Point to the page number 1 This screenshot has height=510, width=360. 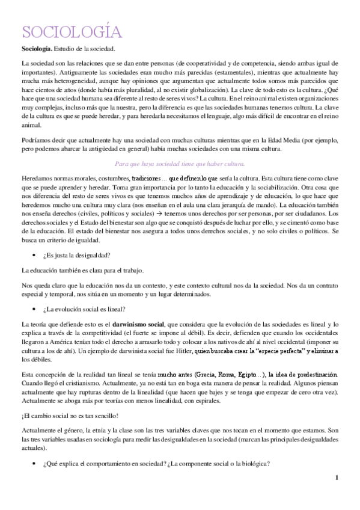tap(337, 478)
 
